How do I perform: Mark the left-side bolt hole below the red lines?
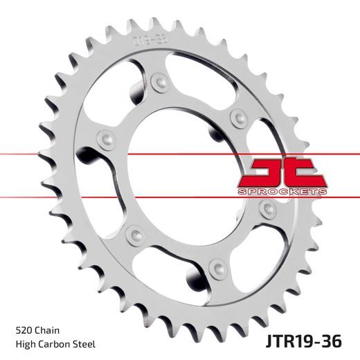tap(132, 233)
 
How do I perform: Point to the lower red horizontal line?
tap(69, 162)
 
